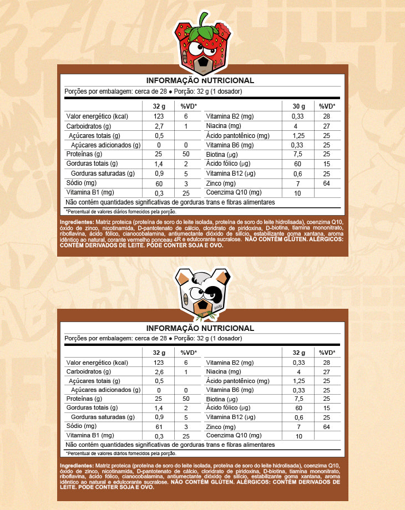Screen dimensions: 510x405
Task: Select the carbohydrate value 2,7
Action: click(x=159, y=126)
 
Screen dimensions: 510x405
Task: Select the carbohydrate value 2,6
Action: click(x=159, y=371)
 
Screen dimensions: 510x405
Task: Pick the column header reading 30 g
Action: click(x=298, y=106)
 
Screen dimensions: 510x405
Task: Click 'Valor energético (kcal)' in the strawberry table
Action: click(x=97, y=116)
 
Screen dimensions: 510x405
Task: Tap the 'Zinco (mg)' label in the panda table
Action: click(x=221, y=427)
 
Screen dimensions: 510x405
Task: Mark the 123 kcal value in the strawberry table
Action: click(x=159, y=116)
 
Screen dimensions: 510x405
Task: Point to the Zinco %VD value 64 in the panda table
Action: click(x=326, y=427)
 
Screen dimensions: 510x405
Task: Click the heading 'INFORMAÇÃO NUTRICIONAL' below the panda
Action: click(x=200, y=328)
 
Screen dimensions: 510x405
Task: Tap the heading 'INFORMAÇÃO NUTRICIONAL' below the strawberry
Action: click(x=200, y=80)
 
